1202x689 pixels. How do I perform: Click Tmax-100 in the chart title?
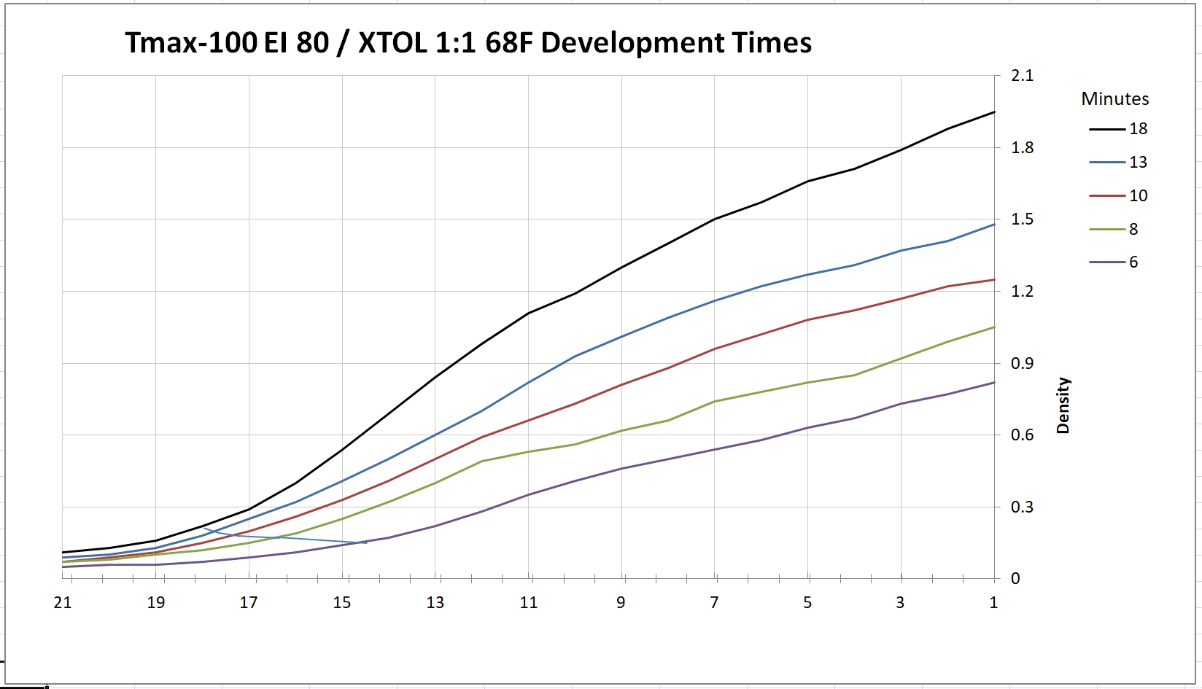click(190, 43)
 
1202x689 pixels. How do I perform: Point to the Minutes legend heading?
click(1114, 98)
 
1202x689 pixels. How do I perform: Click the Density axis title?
click(1063, 405)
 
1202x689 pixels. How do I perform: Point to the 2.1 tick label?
click(1022, 76)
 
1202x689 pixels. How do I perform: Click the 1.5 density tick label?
click(1022, 219)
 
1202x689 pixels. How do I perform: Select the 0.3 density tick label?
click(1022, 507)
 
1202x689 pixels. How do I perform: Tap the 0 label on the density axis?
click(1015, 579)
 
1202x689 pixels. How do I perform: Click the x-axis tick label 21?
click(63, 602)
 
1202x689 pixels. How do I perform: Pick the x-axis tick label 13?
click(435, 602)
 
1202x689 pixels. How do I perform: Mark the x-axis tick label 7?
click(714, 602)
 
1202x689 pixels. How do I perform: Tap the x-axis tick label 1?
click(993, 602)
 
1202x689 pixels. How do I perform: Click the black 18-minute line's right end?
click(994, 112)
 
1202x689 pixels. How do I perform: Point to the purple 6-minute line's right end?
click(994, 383)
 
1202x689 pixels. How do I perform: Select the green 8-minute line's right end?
click(994, 327)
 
